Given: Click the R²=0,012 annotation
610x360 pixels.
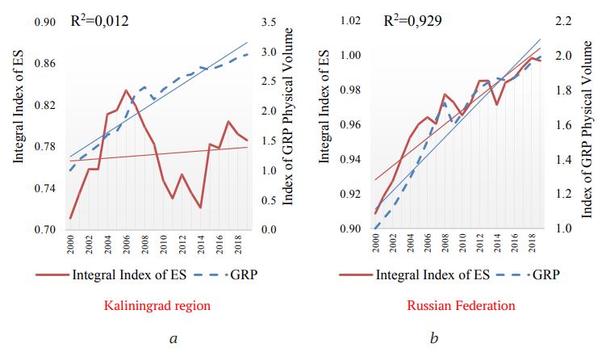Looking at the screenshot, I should (x=99, y=20).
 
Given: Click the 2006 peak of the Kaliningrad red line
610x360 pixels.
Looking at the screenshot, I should (x=126, y=90).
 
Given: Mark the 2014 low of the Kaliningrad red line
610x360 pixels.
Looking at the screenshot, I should (x=200, y=207).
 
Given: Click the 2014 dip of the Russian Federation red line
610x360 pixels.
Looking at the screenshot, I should (x=497, y=104).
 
